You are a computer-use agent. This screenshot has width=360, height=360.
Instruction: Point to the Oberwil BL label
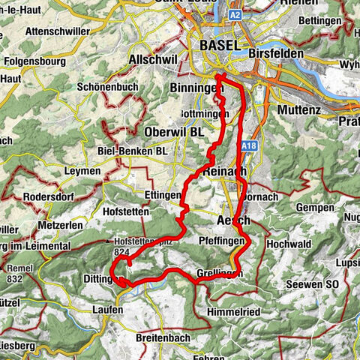[x=174, y=131]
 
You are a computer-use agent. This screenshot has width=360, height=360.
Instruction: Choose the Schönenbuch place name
[x=106, y=88]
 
